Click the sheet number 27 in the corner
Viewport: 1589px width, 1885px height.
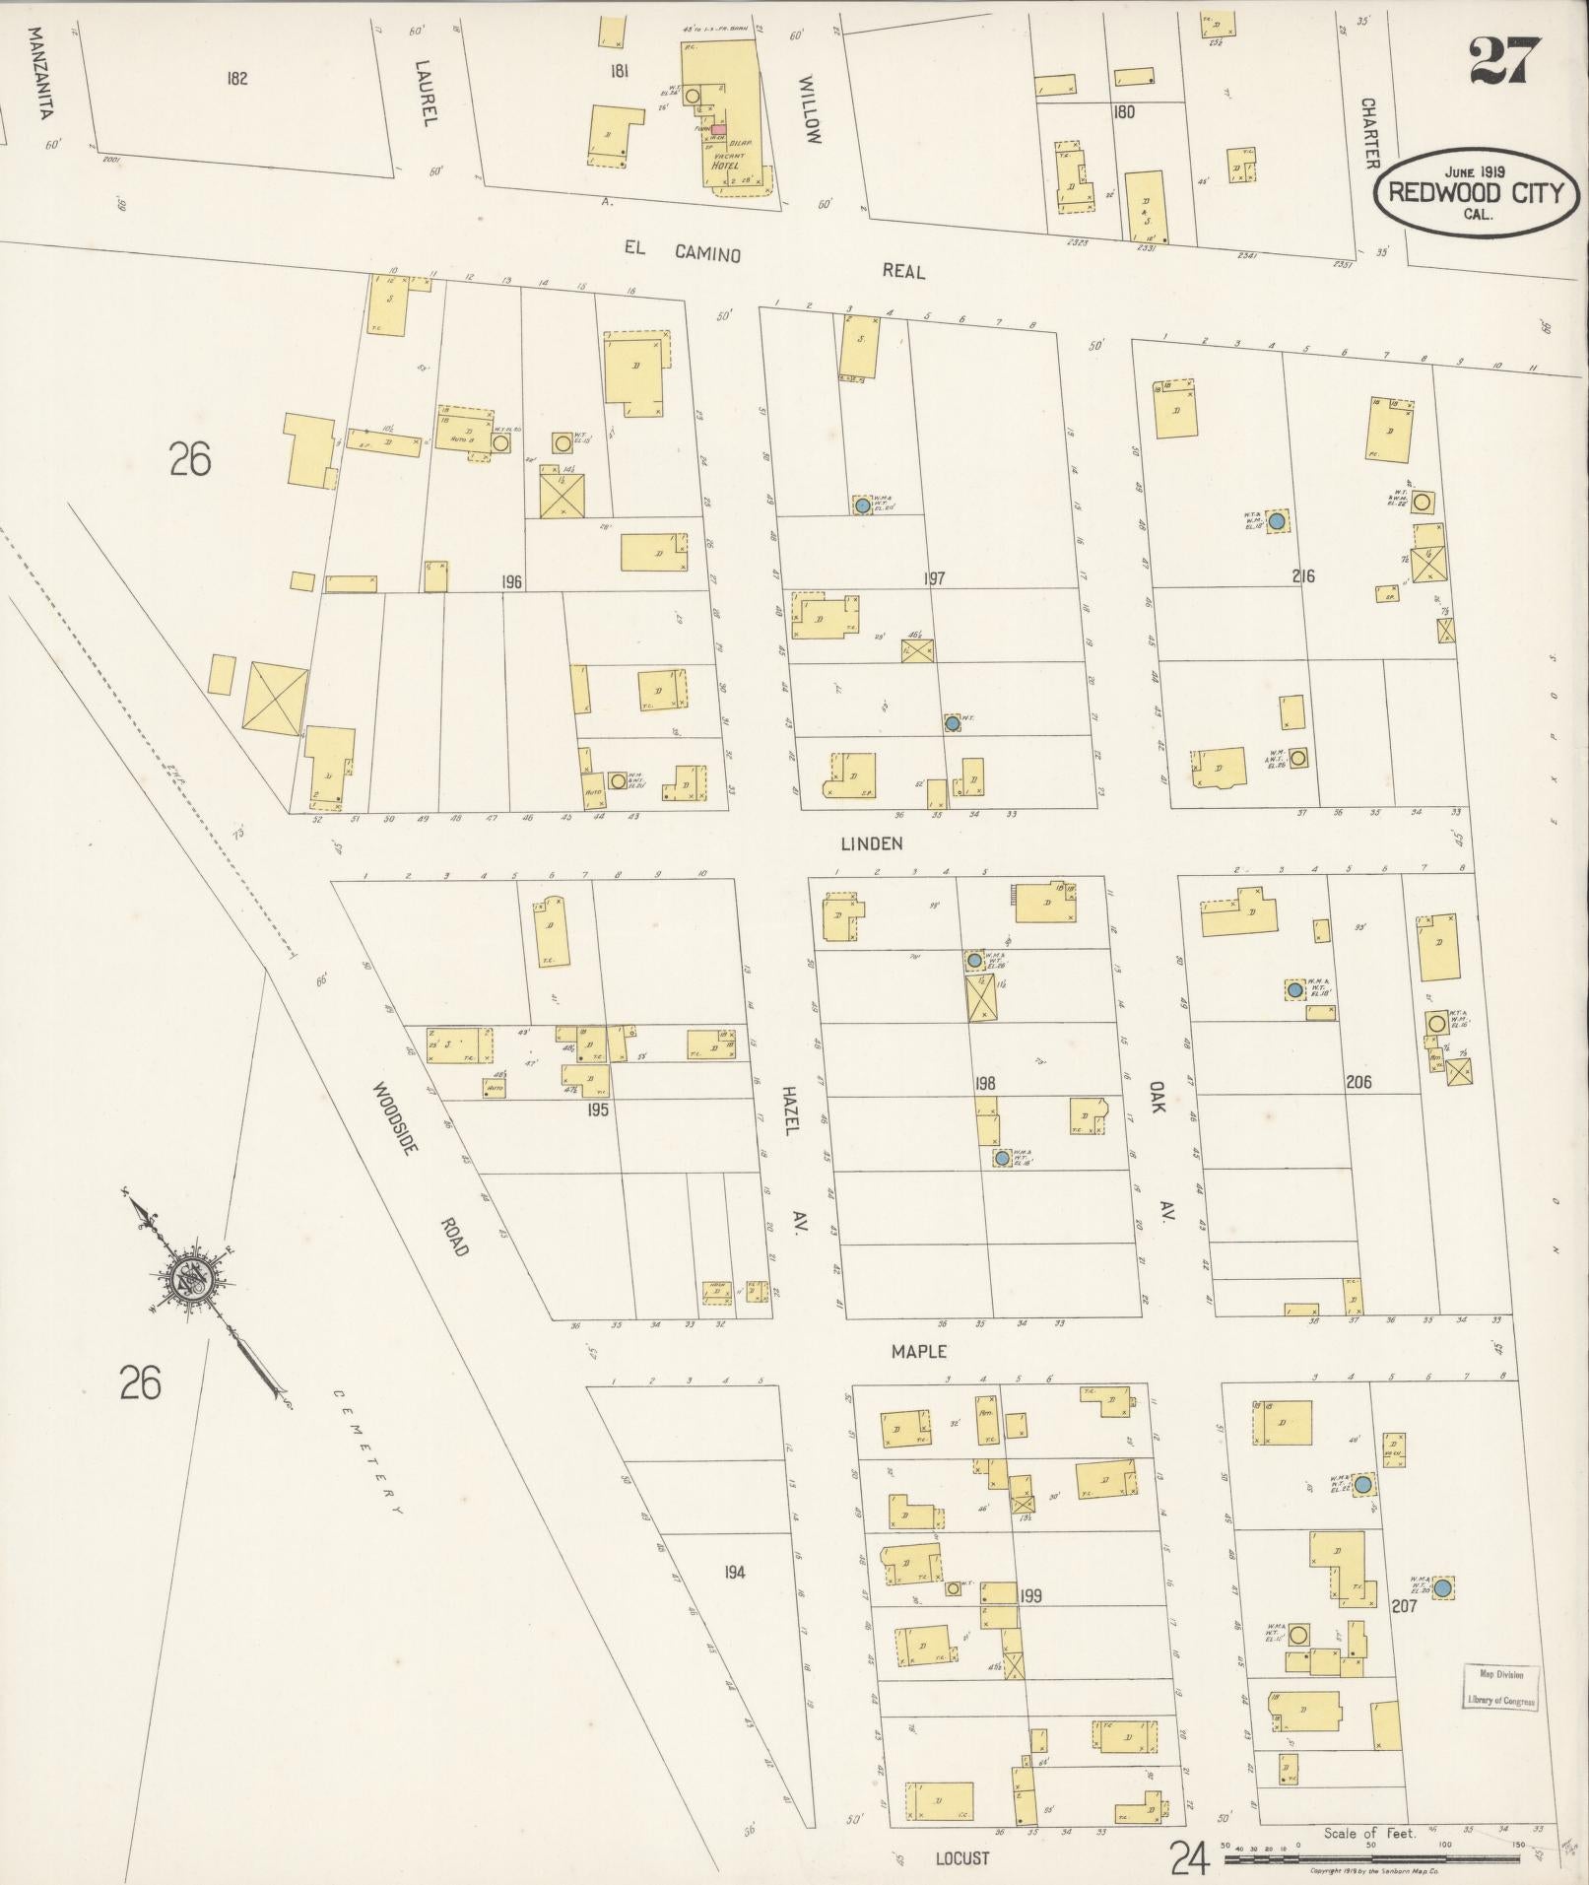click(1504, 60)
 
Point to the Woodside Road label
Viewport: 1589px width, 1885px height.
click(421, 1168)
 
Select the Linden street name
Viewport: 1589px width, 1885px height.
click(871, 843)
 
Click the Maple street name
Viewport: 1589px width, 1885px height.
click(918, 1352)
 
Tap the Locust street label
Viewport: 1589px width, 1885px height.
click(961, 1858)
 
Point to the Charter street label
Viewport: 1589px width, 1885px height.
click(1369, 132)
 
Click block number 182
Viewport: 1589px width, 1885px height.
click(235, 79)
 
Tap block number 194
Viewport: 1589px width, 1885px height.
click(734, 1572)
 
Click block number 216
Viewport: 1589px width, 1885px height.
click(1303, 575)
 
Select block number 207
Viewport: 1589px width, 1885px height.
click(1404, 1606)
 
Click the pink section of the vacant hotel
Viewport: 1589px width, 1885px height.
click(718, 129)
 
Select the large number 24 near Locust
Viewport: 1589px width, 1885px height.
click(1189, 1857)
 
